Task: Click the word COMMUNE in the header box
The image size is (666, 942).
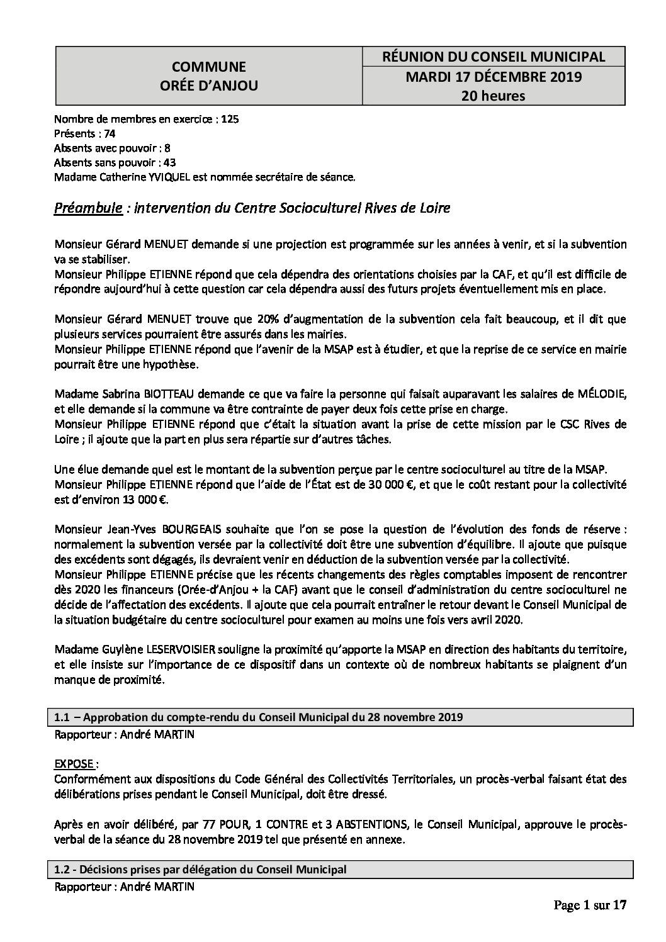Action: point(209,67)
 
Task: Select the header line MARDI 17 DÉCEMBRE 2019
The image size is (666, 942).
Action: point(494,77)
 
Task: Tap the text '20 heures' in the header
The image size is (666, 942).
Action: point(494,96)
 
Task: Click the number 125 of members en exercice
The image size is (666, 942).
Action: point(230,119)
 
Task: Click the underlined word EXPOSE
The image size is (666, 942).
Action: point(74,764)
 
